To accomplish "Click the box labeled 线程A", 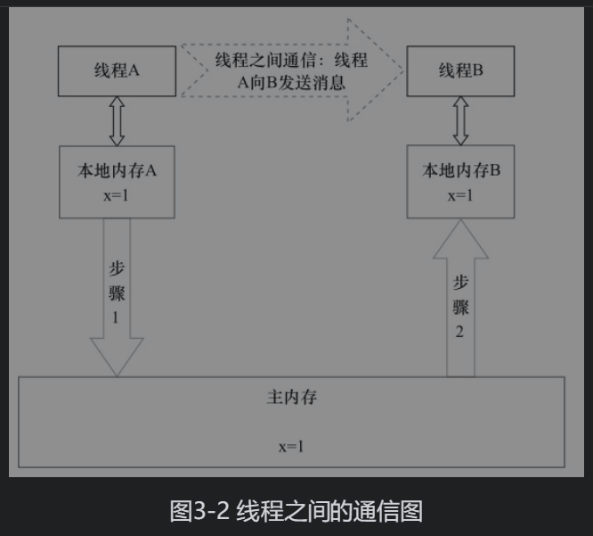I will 117,71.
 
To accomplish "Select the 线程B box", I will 460,71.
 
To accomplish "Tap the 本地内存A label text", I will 117,171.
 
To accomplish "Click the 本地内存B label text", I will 460,171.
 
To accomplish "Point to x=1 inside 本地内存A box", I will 117,195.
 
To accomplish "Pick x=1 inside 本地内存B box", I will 460,195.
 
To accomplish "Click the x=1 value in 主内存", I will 291,446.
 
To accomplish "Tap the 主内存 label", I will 291,398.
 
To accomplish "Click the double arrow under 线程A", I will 117,120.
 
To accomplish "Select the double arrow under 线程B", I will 460,120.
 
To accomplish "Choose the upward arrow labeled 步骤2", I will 460,303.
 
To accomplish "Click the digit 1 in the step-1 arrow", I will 117,317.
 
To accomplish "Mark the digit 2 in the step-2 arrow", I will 460,333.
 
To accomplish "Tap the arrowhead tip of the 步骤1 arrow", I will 117,374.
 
